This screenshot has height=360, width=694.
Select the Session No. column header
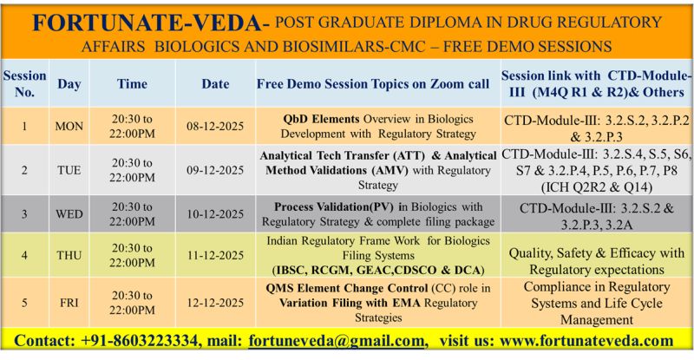pos(24,83)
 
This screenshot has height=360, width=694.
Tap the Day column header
pos(69,84)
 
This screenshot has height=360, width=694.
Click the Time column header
pos(132,84)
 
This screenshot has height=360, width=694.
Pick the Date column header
pos(215,84)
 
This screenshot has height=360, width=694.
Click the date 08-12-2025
pos(215,127)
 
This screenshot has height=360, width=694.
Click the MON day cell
pos(69,127)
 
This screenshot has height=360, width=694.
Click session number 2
pos(24,170)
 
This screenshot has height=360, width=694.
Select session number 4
pos(24,255)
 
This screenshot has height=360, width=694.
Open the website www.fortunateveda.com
pos(591,341)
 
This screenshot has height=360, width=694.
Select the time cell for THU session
pos(132,255)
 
